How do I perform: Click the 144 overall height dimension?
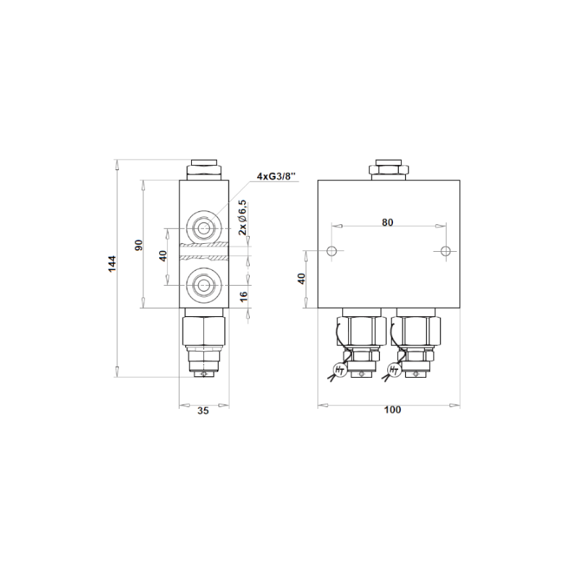pos(112,263)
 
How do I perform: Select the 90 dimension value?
pos(138,245)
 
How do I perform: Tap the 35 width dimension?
pos(203,410)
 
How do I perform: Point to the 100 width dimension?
pos(392,410)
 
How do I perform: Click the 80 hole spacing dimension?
pos(387,222)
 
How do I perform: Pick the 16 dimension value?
pos(244,297)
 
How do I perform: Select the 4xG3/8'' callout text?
pos(276,176)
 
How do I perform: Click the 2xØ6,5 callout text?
pos(242,218)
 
